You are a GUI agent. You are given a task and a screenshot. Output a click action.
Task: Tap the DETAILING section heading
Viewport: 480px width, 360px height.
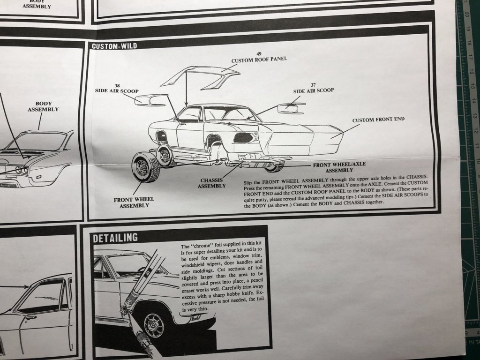(115, 238)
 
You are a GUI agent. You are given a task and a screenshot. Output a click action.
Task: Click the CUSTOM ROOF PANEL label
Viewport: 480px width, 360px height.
(260, 60)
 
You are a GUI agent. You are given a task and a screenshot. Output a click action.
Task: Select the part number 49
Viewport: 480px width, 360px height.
(259, 53)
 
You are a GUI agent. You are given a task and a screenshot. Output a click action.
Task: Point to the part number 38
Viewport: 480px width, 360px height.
(117, 86)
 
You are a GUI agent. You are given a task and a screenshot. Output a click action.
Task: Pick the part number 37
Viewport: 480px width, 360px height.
(313, 85)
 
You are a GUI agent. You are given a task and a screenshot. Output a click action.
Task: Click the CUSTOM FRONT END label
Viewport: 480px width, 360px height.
(378, 120)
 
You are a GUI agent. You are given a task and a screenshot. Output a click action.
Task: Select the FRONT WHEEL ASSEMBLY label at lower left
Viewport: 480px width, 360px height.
(134, 202)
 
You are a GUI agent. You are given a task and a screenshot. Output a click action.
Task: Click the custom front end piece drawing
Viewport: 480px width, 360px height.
(300, 139)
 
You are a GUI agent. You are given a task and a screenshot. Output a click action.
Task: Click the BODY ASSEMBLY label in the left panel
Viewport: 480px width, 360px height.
(43, 106)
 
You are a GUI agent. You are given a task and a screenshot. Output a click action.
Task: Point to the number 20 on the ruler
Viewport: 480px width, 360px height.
(467, 15)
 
